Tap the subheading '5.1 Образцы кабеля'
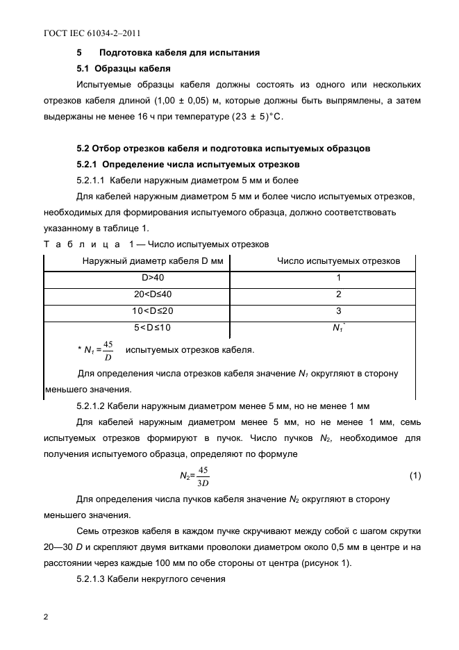(124, 68)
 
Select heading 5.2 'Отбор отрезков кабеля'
(223, 148)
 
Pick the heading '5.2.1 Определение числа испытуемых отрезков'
(187, 165)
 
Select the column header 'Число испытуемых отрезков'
(338, 261)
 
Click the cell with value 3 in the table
(338, 311)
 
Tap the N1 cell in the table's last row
(338, 328)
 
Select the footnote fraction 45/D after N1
(108, 350)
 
